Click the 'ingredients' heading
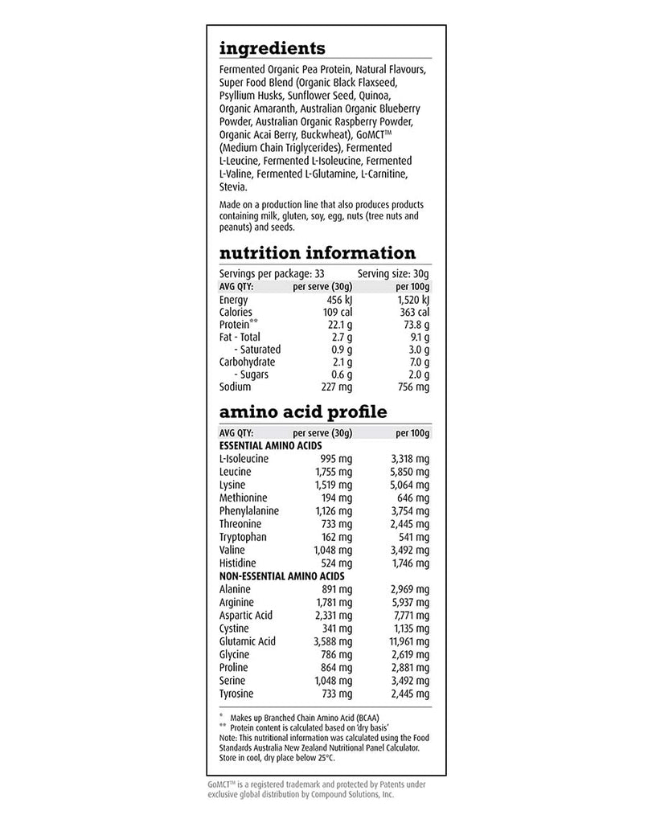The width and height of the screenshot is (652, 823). click(x=272, y=49)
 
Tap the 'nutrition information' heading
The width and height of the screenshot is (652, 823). click(x=317, y=253)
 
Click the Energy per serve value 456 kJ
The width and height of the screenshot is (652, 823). click(x=335, y=300)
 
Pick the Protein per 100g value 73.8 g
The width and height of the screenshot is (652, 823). click(x=415, y=325)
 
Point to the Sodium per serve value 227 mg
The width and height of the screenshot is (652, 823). click(x=334, y=387)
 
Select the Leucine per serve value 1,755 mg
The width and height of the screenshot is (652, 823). click(x=332, y=472)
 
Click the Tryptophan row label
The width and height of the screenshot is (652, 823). click(x=242, y=537)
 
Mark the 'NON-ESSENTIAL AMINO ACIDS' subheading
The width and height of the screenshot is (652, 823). click(x=281, y=576)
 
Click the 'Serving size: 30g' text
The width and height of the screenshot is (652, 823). click(x=394, y=274)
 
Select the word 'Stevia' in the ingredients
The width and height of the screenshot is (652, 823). click(x=233, y=187)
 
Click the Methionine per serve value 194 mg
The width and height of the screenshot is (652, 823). click(x=336, y=497)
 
